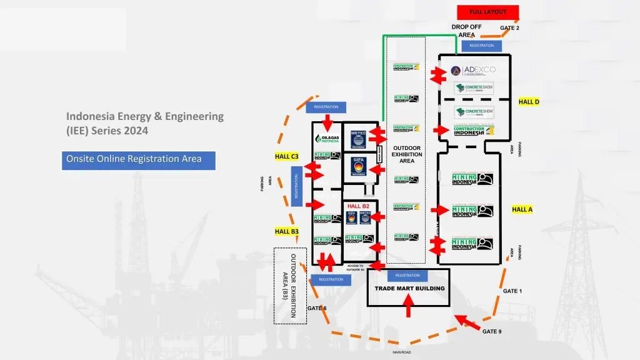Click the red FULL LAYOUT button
[x=488, y=12]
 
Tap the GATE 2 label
[x=509, y=28]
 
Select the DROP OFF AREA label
[x=466, y=31]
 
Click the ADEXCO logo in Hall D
[x=473, y=69]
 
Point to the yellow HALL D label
[x=529, y=102]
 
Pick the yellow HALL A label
[x=522, y=209]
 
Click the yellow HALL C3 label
[x=287, y=156]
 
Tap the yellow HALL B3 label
[x=287, y=231]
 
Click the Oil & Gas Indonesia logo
[x=327, y=139]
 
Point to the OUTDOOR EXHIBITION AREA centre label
[x=406, y=154]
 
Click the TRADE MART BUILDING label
[x=409, y=288]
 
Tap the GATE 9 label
[x=492, y=331]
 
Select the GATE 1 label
[x=512, y=291]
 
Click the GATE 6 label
[x=317, y=308]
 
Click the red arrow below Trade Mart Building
[x=409, y=306]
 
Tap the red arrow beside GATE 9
[x=468, y=322]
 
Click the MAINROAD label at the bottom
[x=402, y=352]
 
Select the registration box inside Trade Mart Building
[x=407, y=276]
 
